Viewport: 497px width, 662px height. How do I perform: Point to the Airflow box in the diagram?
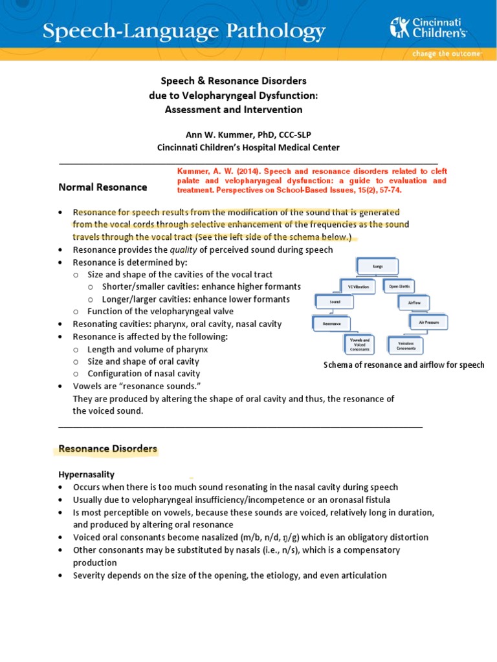415,303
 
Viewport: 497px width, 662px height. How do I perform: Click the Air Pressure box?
428,321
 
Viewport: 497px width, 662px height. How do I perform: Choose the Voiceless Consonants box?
406,346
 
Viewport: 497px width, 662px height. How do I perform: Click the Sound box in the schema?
335,301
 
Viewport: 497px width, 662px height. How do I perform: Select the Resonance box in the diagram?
332,321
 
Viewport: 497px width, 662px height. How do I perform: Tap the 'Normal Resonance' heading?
103,187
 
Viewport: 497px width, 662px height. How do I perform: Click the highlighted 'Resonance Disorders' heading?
107,448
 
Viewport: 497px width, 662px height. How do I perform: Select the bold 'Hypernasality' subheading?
87,475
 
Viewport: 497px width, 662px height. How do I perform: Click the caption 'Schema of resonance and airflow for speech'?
404,365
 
